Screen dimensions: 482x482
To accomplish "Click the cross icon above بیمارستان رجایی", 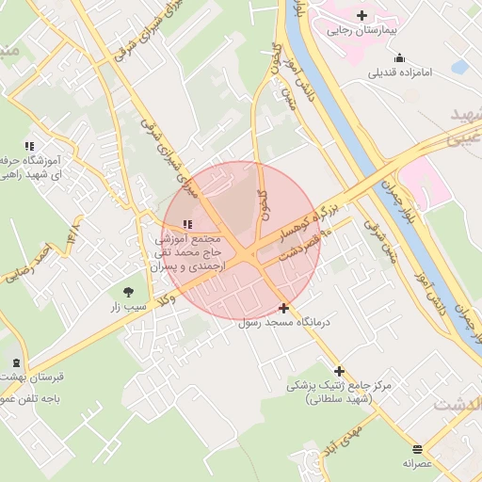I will (x=362, y=15).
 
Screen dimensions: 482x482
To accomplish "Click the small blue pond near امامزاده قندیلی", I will (x=459, y=67).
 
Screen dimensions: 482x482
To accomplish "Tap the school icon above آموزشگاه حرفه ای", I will (x=29, y=146).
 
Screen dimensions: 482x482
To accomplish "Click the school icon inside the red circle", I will (x=186, y=224).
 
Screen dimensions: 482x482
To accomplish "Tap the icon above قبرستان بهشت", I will (x=15, y=362).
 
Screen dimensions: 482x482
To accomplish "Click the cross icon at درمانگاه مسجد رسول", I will (x=283, y=308).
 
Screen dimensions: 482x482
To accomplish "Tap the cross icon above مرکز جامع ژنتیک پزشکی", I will (x=339, y=371).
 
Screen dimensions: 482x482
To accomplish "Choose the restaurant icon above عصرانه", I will (x=417, y=448).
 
